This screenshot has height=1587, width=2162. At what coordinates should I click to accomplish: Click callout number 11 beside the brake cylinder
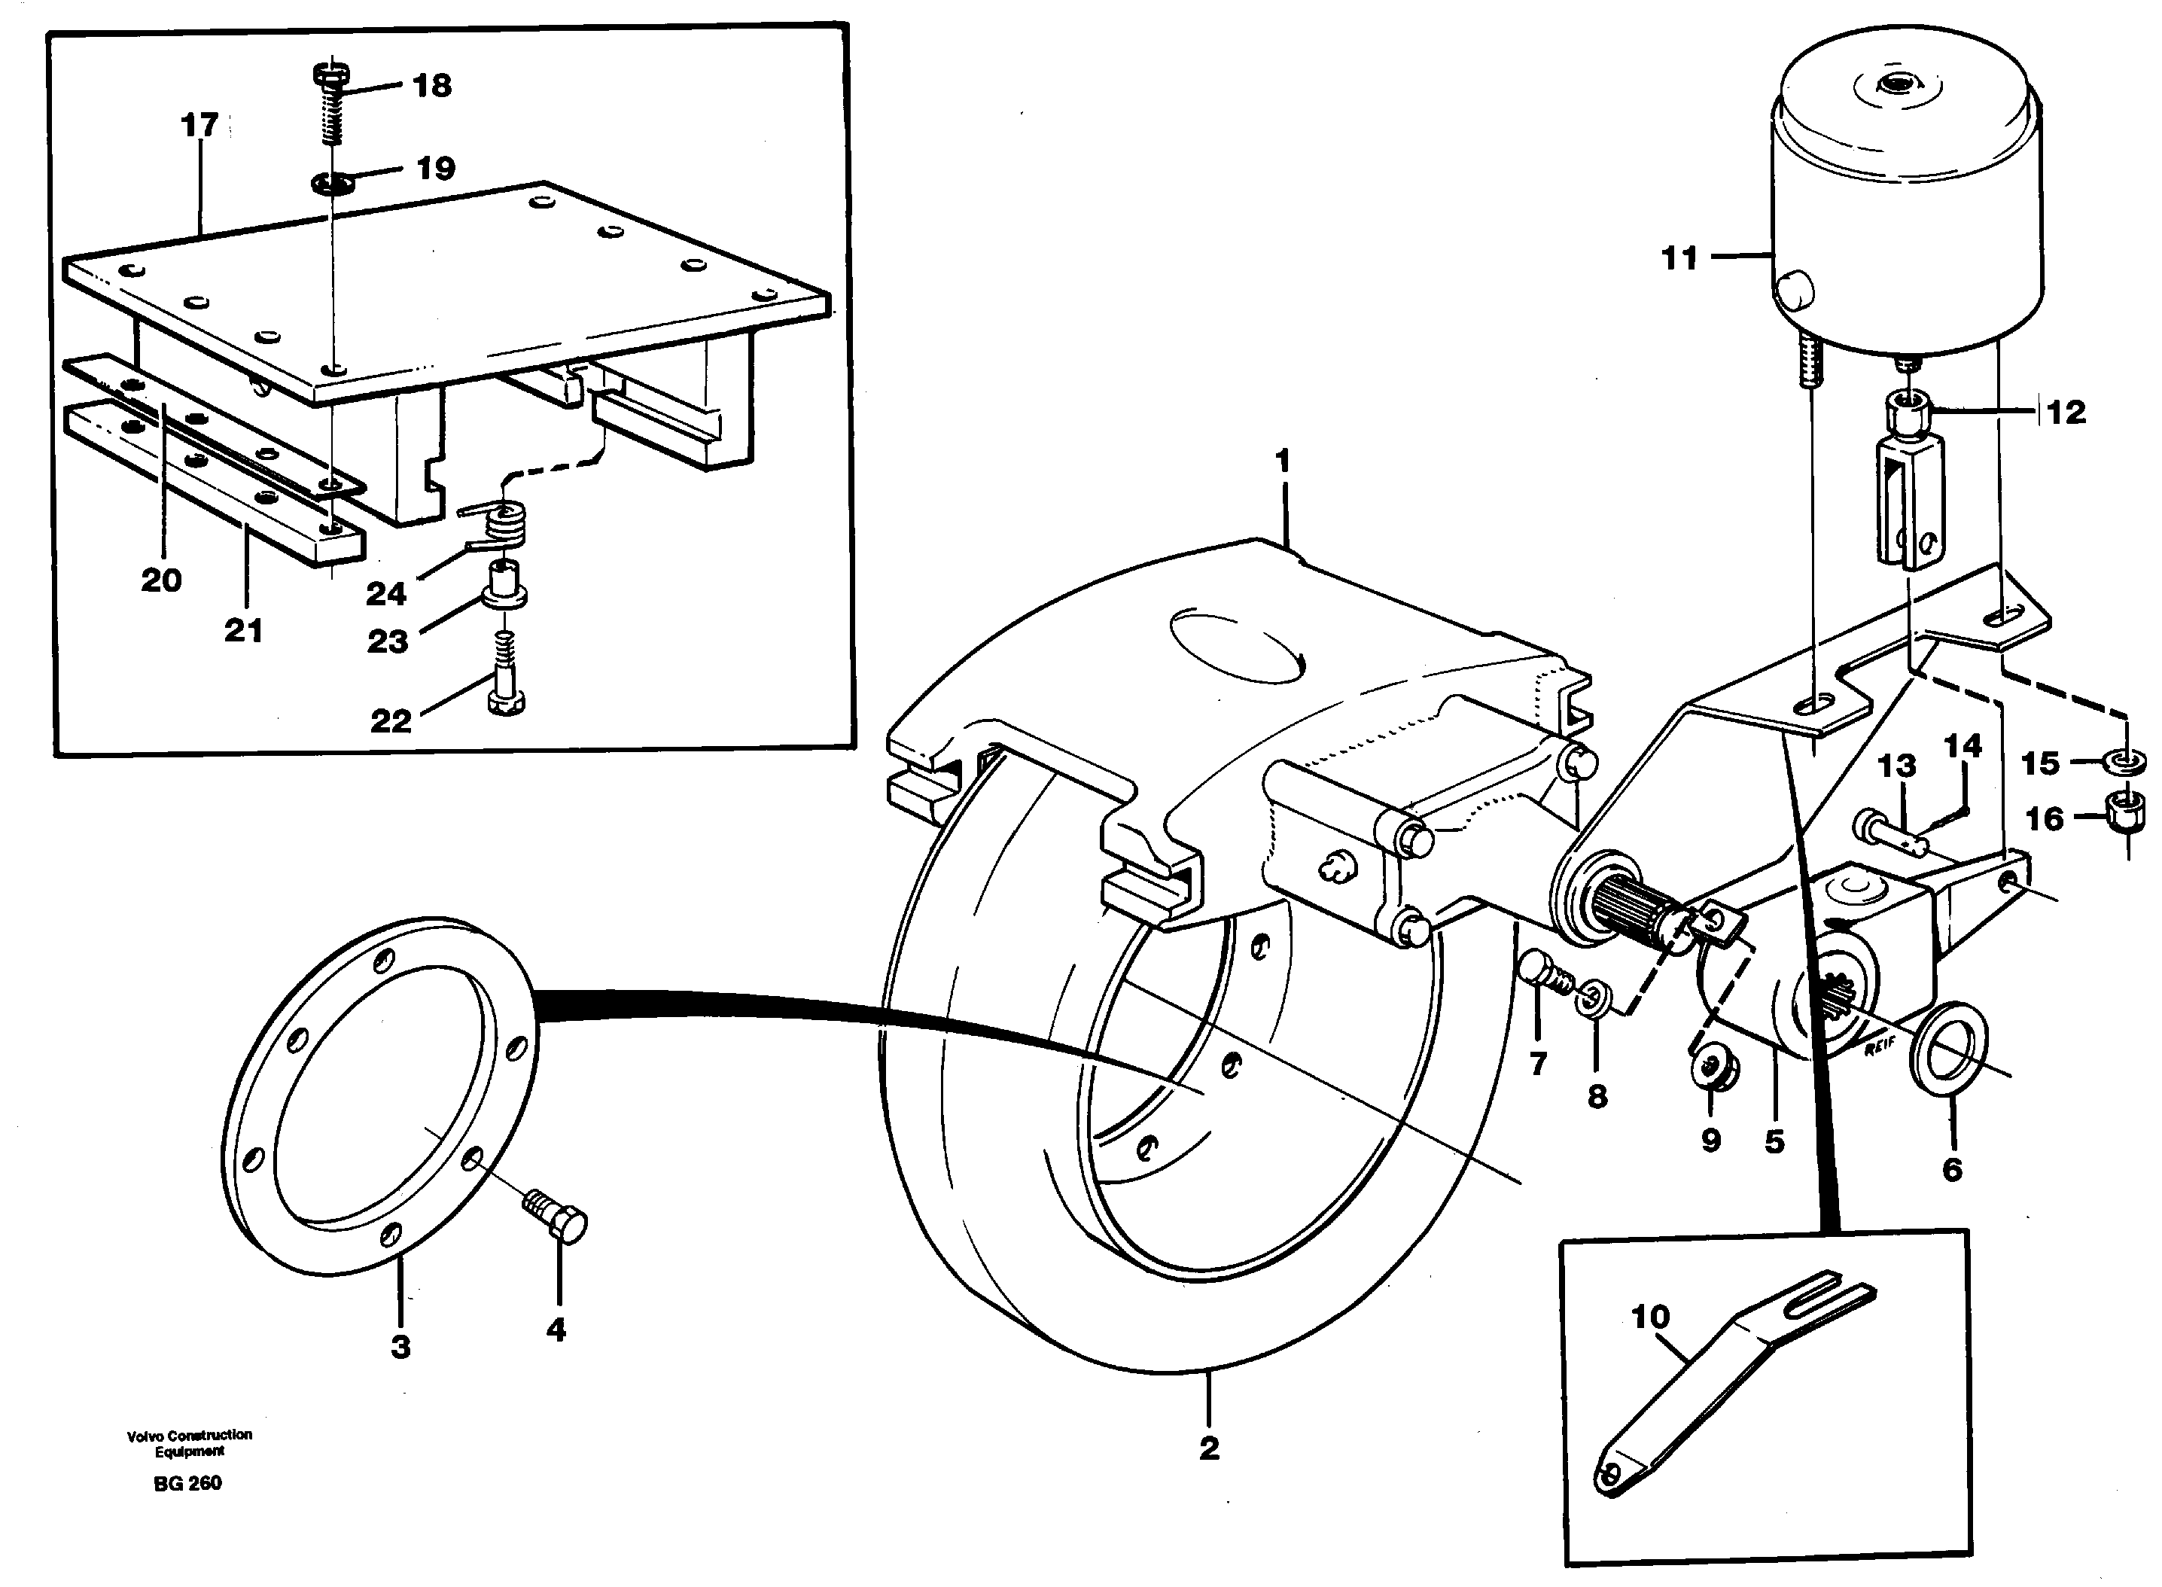[x=1679, y=257]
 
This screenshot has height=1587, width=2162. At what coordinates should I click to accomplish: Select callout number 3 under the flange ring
[x=400, y=1346]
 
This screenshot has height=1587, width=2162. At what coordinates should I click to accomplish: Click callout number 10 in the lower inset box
[x=1650, y=1316]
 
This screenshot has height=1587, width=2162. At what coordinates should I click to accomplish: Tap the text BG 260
[x=187, y=1483]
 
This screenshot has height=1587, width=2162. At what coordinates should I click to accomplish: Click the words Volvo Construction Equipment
[x=189, y=1443]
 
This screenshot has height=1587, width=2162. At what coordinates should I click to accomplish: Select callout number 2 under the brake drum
[x=1208, y=1448]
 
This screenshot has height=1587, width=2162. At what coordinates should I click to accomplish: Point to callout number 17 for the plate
[x=199, y=125]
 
